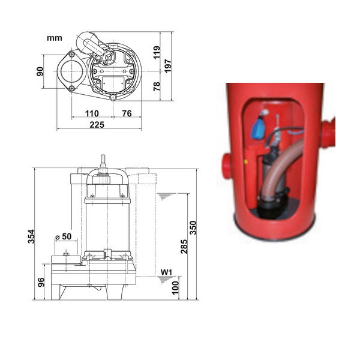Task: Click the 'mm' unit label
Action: (55, 38)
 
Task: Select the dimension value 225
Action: (97, 124)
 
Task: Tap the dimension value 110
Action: (91, 113)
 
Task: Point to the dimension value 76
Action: (127, 113)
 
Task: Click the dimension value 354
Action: (31, 237)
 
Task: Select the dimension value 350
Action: (193, 227)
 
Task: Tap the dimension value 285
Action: (184, 246)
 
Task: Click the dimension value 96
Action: (41, 281)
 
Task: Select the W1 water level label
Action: (167, 274)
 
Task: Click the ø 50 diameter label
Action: (63, 236)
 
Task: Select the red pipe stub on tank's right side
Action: (328, 133)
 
